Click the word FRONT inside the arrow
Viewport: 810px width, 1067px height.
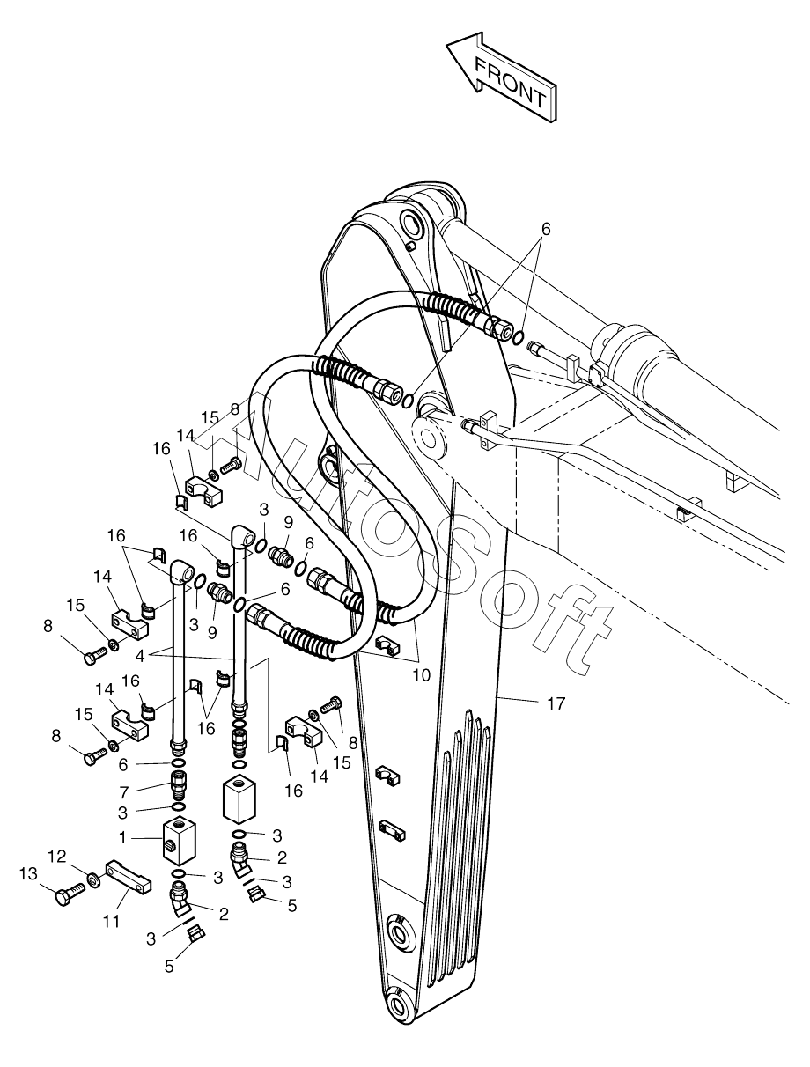pos(509,82)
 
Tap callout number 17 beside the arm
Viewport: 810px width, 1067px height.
pos(556,703)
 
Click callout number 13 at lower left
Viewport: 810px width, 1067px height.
pos(28,872)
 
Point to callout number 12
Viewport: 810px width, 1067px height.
pos(56,856)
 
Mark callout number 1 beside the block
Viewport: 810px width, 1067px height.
pos(124,837)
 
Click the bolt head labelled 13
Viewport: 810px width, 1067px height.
pos(64,897)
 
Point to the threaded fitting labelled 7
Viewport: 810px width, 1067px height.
pos(178,781)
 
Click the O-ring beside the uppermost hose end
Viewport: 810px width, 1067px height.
pos(519,338)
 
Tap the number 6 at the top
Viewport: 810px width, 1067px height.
pos(545,229)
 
